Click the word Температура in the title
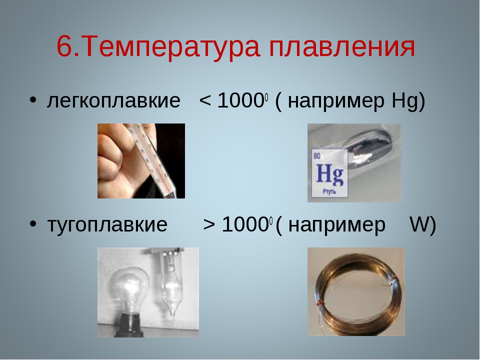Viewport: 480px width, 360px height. [171, 47]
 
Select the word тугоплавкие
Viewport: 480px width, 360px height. [107, 224]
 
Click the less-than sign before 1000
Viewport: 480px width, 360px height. [205, 100]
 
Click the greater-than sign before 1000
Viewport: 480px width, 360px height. [209, 224]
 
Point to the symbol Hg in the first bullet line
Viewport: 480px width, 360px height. [404, 101]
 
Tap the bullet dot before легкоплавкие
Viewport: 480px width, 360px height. [33, 100]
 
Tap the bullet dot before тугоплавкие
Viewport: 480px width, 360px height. [33, 224]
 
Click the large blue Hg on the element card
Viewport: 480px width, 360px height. [329, 175]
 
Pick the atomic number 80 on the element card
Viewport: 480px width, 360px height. [317, 156]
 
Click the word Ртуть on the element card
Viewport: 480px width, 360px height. [329, 192]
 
